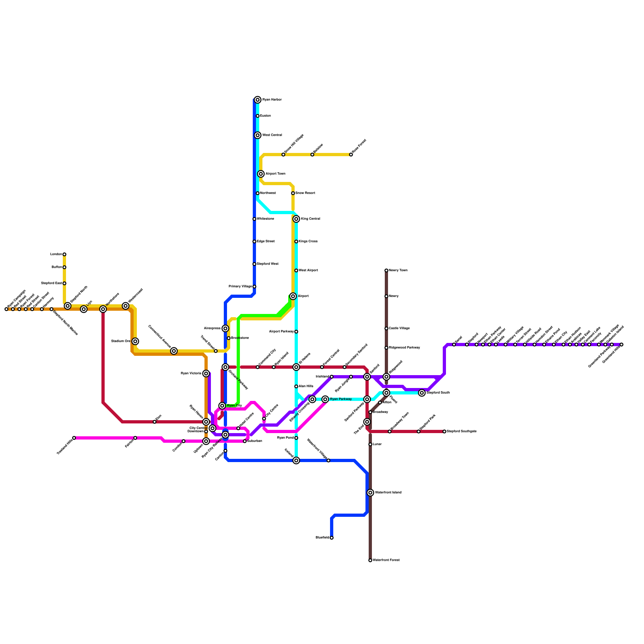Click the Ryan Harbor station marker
(258, 100)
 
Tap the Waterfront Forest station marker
(370, 560)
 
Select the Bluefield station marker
(332, 538)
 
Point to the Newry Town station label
(398, 270)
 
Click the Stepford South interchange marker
(422, 393)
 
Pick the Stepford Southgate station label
(462, 431)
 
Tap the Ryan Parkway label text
(341, 399)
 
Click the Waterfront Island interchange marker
(370, 493)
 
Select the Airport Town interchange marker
(261, 174)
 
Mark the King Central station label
(310, 219)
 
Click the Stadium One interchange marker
(135, 341)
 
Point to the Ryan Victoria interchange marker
(206, 374)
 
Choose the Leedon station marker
(64, 254)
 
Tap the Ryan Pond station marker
(296, 438)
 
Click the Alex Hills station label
(306, 386)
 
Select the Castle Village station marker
(386, 328)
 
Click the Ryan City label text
(234, 406)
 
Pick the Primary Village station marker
(254, 287)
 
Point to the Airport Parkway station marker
(296, 332)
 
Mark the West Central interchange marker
(258, 135)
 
